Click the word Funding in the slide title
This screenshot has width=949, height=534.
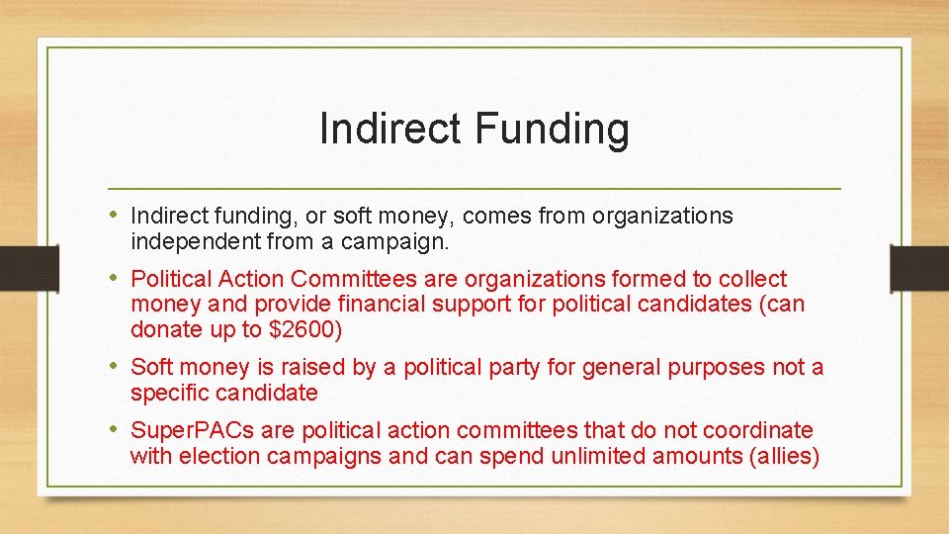(x=552, y=130)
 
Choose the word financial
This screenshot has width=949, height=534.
(x=430, y=305)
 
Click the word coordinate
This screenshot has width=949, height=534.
(x=755, y=430)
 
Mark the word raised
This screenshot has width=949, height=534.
(x=312, y=367)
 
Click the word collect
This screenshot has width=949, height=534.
(x=752, y=279)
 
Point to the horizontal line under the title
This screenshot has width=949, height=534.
(x=474, y=188)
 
